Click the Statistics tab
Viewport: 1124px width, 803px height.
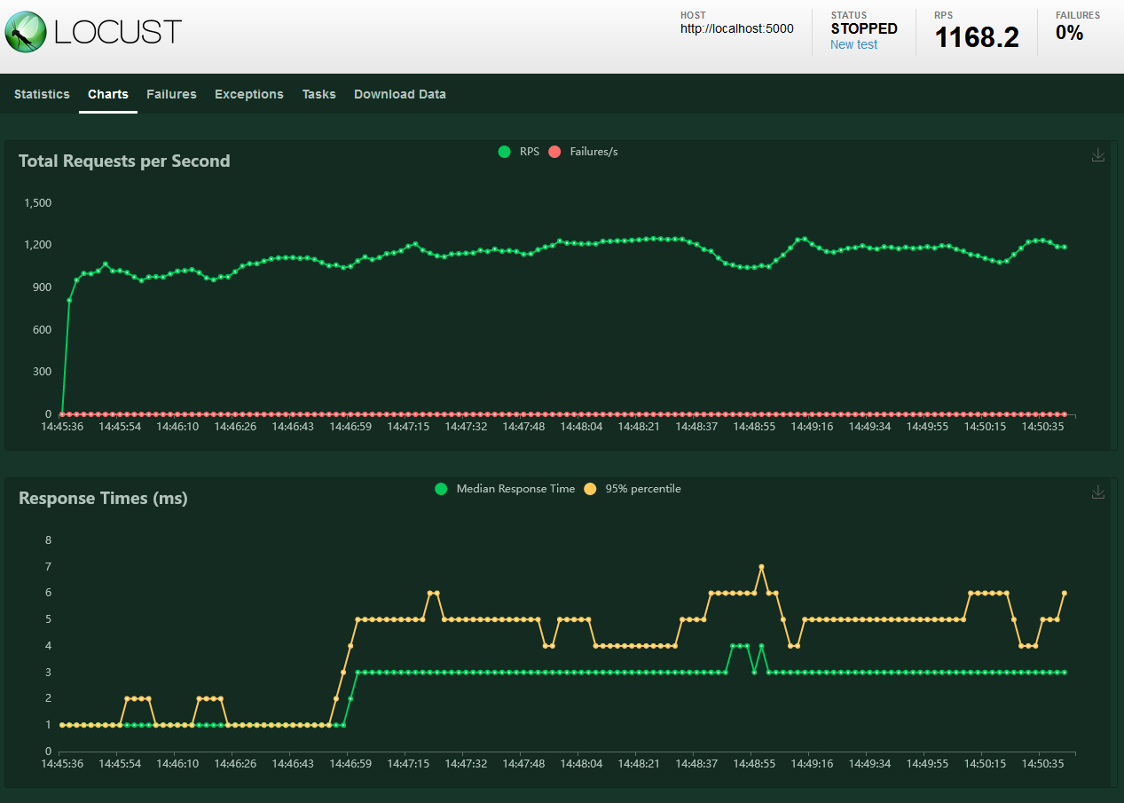pyautogui.click(x=42, y=94)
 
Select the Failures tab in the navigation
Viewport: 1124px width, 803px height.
pyautogui.click(x=171, y=94)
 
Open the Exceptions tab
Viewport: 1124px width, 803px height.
pyautogui.click(x=249, y=94)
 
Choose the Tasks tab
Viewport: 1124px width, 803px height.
pyautogui.click(x=318, y=94)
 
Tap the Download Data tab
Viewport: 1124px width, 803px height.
pyautogui.click(x=400, y=94)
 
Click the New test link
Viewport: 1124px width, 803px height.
pyautogui.click(x=853, y=44)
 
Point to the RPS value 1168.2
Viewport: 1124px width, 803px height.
pyautogui.click(x=977, y=37)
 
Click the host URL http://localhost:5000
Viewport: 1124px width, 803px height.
pyautogui.click(x=736, y=28)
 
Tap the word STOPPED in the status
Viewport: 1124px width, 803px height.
pyautogui.click(x=864, y=28)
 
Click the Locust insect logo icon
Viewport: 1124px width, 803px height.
pyautogui.click(x=25, y=32)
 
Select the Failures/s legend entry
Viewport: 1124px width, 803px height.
pyautogui.click(x=584, y=152)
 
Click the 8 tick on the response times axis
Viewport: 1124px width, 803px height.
pyautogui.click(x=48, y=540)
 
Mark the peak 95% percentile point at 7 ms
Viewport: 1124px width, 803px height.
pyautogui.click(x=761, y=567)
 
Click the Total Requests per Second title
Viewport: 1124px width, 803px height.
pyautogui.click(x=124, y=161)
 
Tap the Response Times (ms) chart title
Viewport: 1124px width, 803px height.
pyautogui.click(x=103, y=498)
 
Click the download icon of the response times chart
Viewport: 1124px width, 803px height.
pyautogui.click(x=1098, y=492)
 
